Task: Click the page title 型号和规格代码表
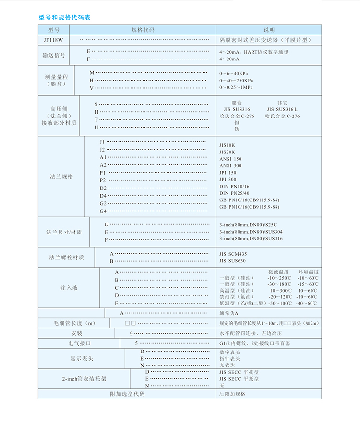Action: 64,18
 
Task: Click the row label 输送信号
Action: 54,55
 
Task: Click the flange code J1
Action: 102,142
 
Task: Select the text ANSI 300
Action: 231,165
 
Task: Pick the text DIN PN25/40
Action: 235,193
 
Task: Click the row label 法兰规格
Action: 61,176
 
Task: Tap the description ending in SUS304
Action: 251,232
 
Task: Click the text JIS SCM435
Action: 233,254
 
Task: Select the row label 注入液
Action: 69,288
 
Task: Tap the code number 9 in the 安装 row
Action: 131,333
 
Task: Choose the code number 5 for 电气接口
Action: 136,343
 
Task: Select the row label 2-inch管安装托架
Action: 84,378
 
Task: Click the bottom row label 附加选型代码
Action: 127,394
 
